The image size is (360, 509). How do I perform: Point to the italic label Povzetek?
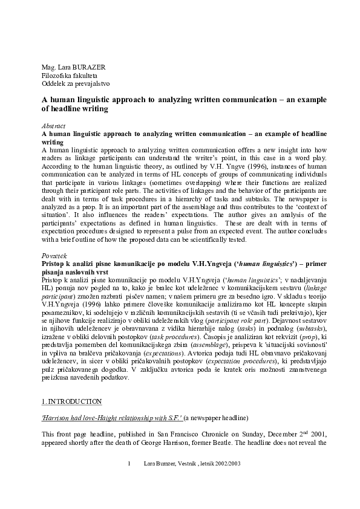(x=53, y=256)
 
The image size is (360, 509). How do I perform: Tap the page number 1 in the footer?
(x=129, y=481)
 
